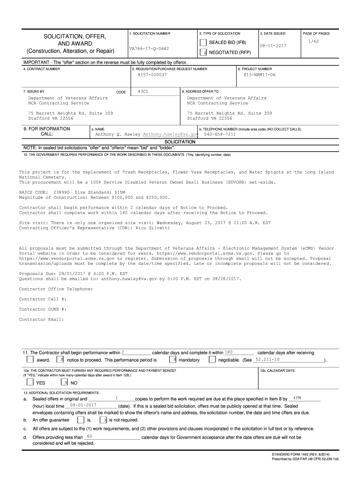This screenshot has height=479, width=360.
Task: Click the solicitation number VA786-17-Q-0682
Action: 149,49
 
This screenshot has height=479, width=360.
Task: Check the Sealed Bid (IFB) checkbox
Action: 203,43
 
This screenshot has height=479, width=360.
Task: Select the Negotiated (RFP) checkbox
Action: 203,53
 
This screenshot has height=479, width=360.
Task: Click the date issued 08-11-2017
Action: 273,46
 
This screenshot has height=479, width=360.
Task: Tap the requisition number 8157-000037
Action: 152,75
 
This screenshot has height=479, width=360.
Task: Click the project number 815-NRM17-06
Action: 259,75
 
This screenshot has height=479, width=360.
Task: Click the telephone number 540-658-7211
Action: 220,134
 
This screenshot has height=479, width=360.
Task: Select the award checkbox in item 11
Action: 30,360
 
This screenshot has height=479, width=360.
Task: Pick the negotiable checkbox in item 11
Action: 212,360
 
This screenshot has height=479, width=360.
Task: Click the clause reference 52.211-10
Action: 268,359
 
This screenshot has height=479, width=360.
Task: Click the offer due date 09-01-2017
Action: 83,405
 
